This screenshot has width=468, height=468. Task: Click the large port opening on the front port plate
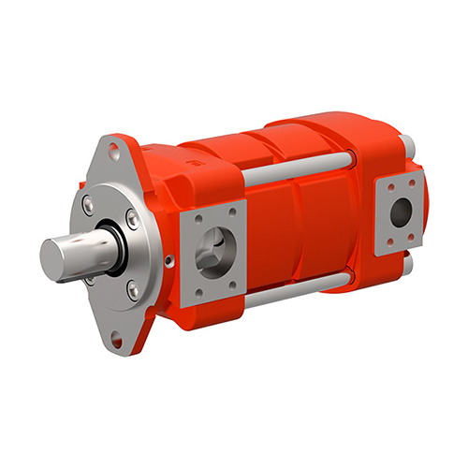pos(218,250)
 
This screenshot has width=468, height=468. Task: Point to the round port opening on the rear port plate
pos(400,213)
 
